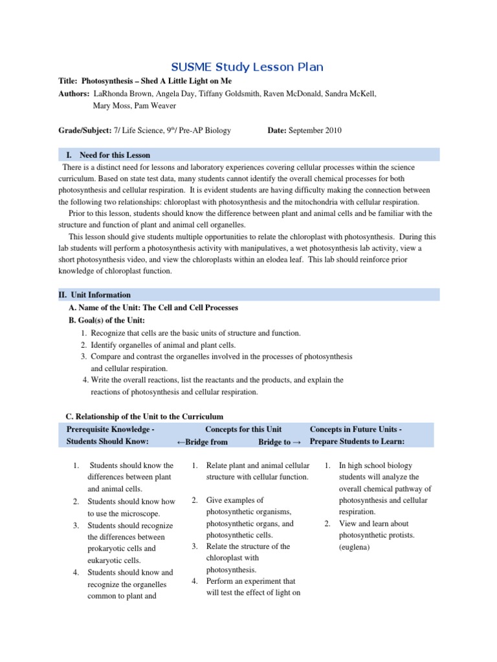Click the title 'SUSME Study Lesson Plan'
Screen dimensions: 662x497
(x=247, y=67)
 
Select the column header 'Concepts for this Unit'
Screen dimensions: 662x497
(x=243, y=429)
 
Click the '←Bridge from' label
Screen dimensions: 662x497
(x=202, y=442)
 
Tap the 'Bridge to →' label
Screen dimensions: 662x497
(x=280, y=442)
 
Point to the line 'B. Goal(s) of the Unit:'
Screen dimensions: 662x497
(x=107, y=320)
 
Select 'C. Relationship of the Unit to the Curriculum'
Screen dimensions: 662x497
(x=145, y=416)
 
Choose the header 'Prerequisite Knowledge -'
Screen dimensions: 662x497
(x=110, y=429)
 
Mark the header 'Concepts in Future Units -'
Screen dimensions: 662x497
(x=357, y=429)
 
